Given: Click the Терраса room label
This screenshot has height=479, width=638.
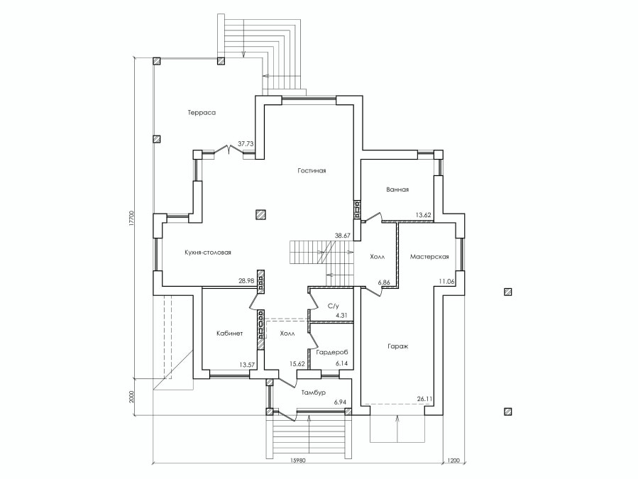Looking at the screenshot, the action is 202,113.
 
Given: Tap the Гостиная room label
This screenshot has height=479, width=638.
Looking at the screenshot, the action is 312,171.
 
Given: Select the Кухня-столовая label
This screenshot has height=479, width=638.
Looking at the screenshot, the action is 207,253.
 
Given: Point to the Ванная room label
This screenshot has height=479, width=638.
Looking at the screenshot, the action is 397,189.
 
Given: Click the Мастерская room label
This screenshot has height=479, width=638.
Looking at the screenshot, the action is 429,257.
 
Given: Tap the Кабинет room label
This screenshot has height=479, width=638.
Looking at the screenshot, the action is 229,334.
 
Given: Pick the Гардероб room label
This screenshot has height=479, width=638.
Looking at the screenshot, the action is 332,353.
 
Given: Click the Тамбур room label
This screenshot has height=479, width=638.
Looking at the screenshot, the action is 313,393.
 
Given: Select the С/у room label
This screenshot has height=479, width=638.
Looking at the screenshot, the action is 334,306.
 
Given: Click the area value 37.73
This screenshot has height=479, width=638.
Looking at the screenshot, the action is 246,143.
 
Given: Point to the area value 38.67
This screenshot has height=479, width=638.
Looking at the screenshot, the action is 342,235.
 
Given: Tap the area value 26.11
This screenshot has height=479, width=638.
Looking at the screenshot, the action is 425,400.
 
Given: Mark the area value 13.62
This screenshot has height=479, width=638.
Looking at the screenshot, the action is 423,215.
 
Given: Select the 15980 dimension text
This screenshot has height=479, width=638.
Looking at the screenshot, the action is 297,461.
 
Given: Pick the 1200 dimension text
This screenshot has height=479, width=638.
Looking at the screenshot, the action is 453,461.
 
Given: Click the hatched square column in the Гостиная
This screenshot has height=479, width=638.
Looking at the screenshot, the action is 260,214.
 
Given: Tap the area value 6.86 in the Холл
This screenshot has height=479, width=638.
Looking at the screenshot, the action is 384,282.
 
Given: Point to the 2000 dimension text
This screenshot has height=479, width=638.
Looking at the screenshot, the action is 131,397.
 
